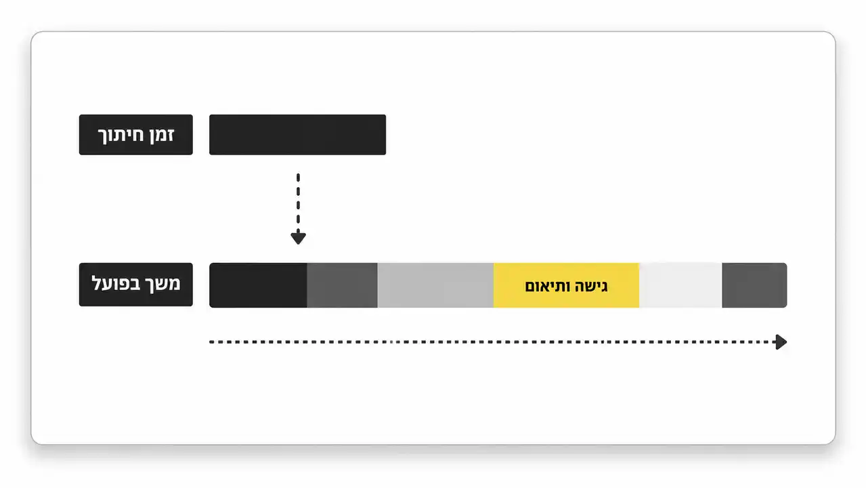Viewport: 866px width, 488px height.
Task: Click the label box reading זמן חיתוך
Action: point(135,135)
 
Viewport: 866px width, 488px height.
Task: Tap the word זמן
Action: point(160,134)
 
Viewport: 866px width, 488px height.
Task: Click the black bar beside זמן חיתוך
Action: point(297,135)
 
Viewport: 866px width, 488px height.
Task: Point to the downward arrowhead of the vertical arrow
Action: point(298,238)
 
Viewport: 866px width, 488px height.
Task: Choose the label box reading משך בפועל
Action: point(135,285)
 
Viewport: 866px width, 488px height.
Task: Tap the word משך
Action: point(165,285)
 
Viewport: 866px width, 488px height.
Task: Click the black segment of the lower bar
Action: point(258,285)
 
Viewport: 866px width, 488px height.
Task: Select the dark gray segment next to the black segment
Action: point(342,285)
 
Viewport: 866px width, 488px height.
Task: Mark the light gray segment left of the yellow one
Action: point(435,285)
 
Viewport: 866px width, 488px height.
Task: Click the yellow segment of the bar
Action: point(566,285)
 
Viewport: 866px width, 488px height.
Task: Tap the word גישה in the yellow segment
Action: point(590,287)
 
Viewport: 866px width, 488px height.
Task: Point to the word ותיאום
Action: point(547,287)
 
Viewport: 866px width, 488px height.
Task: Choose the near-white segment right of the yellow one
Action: point(680,285)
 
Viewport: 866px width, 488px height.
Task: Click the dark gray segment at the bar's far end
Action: point(754,285)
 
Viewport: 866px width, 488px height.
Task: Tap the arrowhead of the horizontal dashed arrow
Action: point(781,342)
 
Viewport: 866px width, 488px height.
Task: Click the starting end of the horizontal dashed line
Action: point(211,342)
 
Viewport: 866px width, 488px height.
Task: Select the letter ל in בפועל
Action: point(97,282)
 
